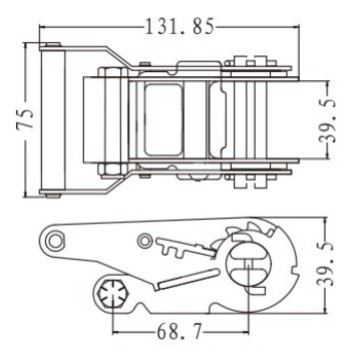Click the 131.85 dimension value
[x=180, y=27]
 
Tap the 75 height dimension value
[x=26, y=118]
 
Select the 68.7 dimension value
[x=180, y=332]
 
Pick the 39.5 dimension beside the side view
[x=324, y=265]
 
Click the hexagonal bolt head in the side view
[x=113, y=294]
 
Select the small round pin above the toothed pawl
[x=145, y=241]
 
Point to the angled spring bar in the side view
[x=184, y=279]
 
